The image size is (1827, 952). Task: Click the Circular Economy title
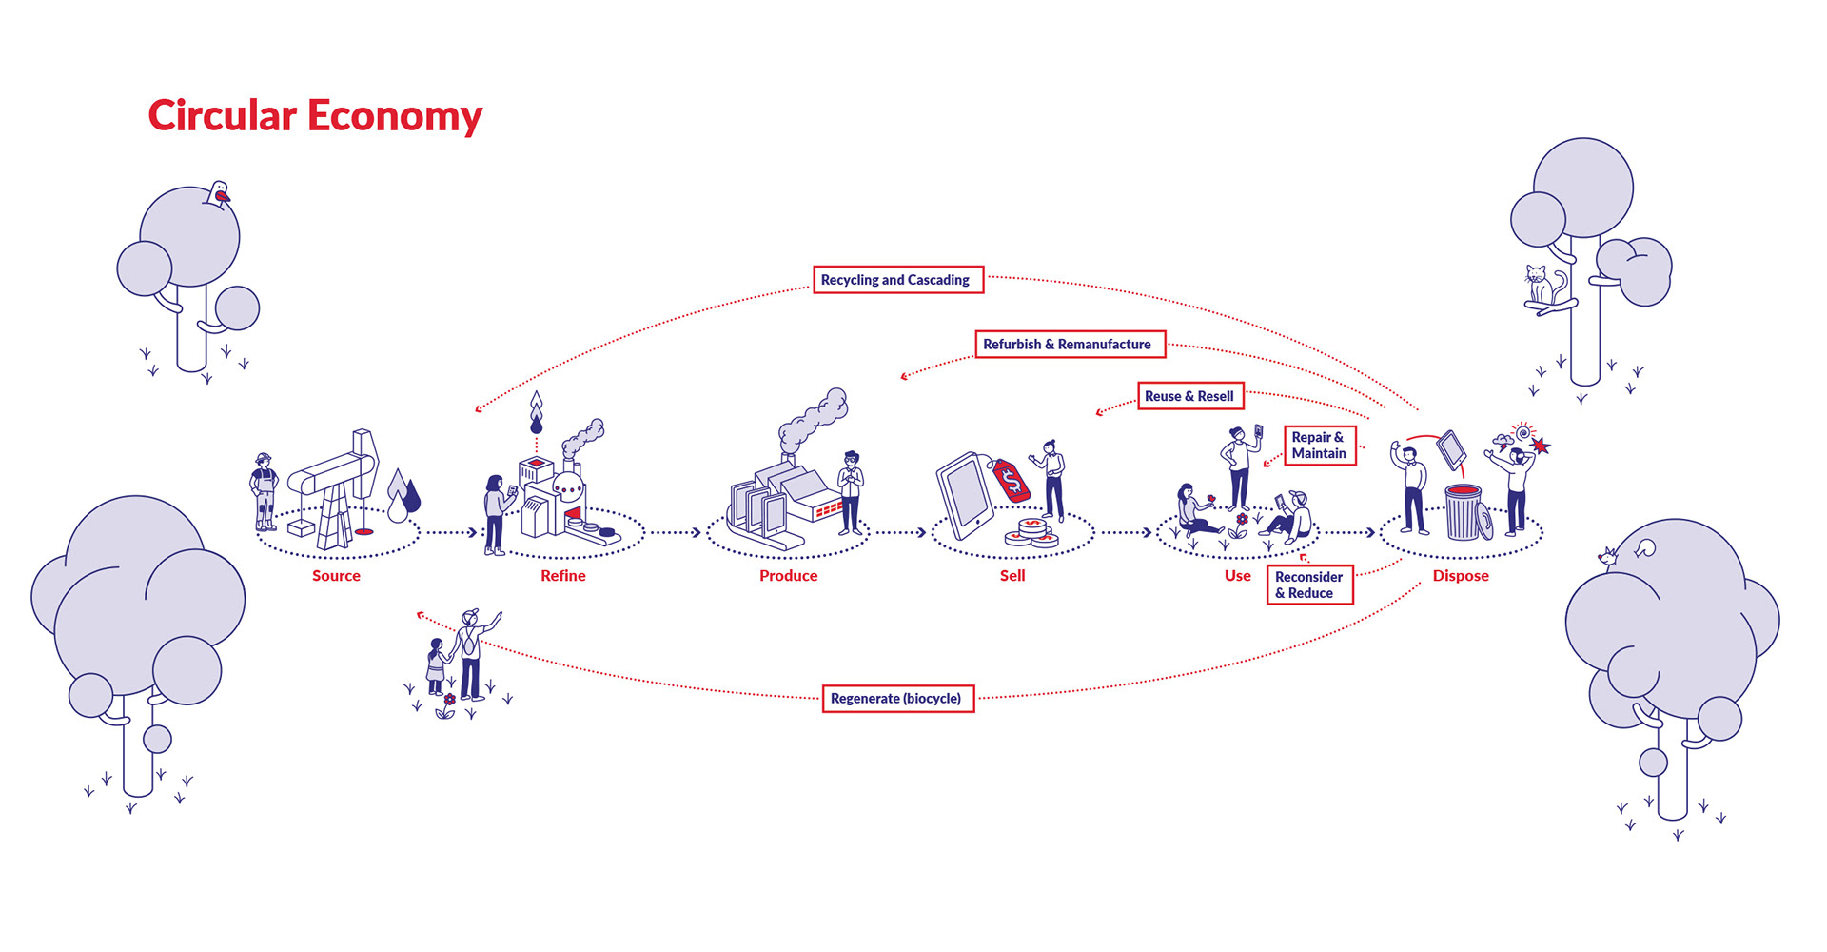tap(315, 116)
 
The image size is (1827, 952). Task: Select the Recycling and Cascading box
tap(897, 280)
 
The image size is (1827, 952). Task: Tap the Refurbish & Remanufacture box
tap(1070, 344)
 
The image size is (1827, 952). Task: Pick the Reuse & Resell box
tap(1189, 396)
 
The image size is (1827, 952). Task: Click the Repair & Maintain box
tap(1319, 446)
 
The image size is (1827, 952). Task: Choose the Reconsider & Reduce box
tap(1309, 585)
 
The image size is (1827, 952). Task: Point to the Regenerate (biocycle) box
tap(897, 698)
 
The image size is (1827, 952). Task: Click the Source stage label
tap(336, 576)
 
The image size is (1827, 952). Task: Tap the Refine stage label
tap(563, 576)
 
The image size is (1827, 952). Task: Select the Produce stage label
tap(788, 576)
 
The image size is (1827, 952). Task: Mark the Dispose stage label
tap(1461, 576)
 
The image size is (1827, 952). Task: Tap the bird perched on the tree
tap(220, 194)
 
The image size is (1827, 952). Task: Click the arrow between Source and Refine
tap(451, 532)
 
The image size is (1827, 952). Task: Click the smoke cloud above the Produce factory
tap(813, 419)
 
